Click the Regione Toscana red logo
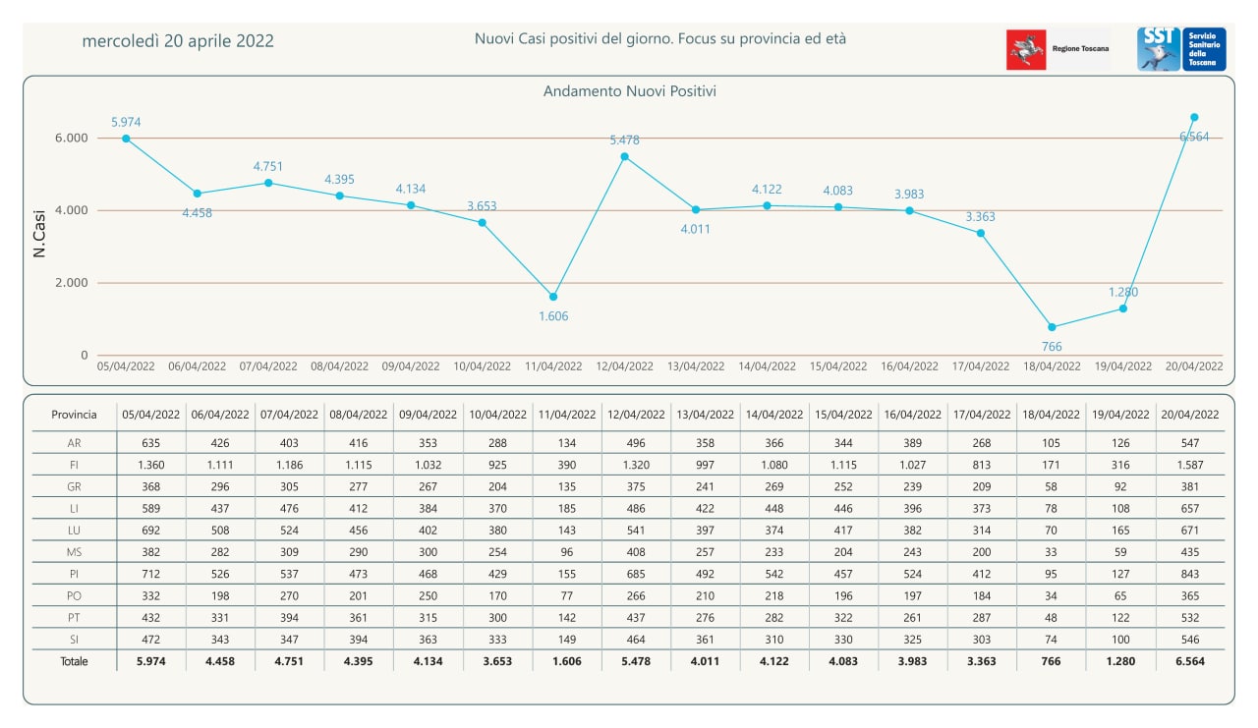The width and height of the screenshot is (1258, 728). pos(1026,49)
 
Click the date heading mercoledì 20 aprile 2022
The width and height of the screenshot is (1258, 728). pos(178,41)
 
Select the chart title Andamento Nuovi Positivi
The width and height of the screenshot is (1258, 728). pos(629,91)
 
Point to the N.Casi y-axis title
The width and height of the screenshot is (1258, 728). pos(40,237)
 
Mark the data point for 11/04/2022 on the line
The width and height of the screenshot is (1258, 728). pos(553,297)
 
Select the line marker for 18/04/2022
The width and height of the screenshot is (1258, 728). pos(1052,327)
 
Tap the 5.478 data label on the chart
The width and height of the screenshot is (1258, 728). pos(624,140)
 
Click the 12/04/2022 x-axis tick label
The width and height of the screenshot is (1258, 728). pos(624,366)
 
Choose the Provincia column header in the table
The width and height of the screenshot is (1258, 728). pos(74,415)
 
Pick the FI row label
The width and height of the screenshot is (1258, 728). pos(74,464)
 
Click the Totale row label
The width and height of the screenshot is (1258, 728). pos(74,661)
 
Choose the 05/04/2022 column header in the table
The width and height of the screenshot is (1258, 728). pos(150,415)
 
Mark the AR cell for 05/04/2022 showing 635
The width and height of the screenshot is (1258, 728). pos(150,443)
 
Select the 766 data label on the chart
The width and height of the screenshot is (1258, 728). pos(1052,347)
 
